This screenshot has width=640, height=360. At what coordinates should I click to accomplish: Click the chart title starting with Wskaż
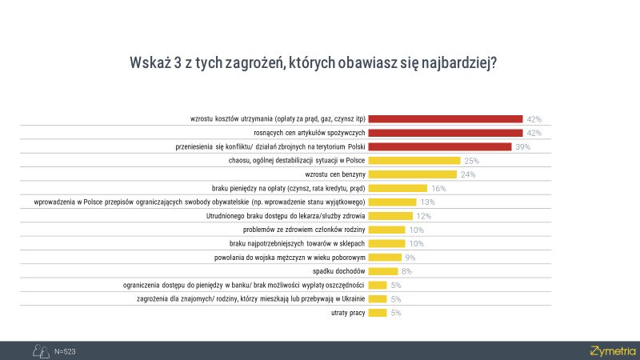point(313,63)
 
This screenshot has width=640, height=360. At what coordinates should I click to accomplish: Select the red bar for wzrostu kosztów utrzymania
point(445,118)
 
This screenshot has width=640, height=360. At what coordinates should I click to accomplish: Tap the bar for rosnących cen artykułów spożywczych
point(445,132)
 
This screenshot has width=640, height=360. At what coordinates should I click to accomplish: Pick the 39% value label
point(522,146)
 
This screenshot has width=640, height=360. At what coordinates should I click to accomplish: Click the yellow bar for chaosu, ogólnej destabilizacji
point(414,160)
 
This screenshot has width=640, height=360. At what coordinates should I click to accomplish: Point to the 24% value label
point(468,174)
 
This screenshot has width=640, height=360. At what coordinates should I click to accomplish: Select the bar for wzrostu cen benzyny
point(413,174)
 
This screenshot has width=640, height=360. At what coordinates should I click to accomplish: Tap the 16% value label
point(438,188)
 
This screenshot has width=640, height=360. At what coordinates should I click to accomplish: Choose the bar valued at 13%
point(392,202)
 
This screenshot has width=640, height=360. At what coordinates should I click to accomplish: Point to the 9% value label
point(410,257)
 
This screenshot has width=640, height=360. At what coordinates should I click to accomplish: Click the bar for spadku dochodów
point(383,270)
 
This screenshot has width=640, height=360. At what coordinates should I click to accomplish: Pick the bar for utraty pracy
point(378,312)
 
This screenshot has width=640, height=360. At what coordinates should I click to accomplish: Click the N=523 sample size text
point(65,351)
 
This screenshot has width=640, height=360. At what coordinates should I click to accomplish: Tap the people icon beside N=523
point(39,350)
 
